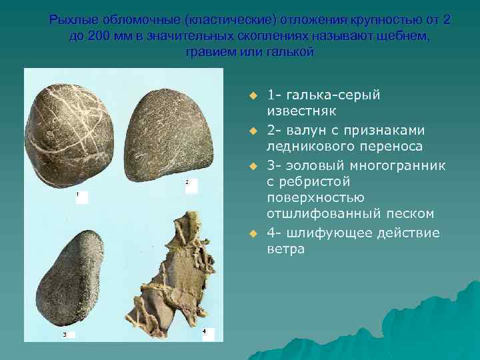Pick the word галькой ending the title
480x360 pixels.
click(x=287, y=51)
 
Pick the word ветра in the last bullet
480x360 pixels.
click(x=286, y=249)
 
